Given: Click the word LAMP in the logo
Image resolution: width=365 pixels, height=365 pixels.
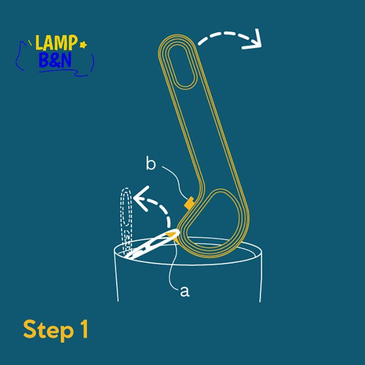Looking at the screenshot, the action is point(56,42).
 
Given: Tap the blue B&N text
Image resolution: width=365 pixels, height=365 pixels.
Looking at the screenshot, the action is point(55,60).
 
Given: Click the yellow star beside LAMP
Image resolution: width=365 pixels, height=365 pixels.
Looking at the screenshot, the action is point(83,44).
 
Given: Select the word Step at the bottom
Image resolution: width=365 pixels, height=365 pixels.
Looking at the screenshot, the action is point(48,330).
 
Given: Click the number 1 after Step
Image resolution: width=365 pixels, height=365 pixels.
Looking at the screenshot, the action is point(84,328).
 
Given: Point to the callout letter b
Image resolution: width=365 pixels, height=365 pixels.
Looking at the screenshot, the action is point(151,163).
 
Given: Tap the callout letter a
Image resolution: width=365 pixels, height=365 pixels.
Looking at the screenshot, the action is point(185,292).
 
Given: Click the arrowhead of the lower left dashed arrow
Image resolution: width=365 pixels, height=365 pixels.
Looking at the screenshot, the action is point(141,198).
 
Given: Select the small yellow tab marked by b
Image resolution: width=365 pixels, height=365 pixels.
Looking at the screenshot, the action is point(189,202).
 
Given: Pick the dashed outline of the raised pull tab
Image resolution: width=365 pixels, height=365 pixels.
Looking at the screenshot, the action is point(126,221).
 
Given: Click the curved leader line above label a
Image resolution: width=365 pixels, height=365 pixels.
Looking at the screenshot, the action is point(172,266).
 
